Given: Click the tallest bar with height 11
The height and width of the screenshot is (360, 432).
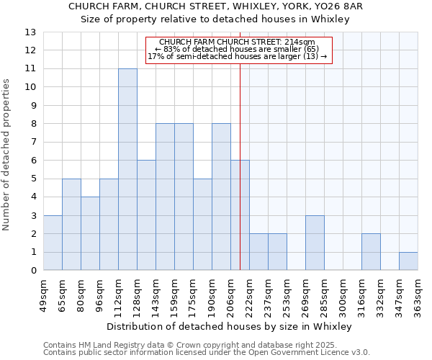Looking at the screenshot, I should point(127,169).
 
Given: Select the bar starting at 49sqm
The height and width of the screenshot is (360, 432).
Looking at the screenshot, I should point(53,243).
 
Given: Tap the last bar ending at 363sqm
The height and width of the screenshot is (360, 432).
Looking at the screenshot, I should point(408,261).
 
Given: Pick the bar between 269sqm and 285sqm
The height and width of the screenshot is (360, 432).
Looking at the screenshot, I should point(315,243).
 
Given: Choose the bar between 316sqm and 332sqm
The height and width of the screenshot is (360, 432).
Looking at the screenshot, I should point(371,252).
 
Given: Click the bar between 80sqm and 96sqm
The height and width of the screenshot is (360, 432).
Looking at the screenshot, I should point(90,233).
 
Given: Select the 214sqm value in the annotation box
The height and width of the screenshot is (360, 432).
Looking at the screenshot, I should point(304,42).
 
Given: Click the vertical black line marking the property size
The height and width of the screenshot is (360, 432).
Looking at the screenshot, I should point(240,166).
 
